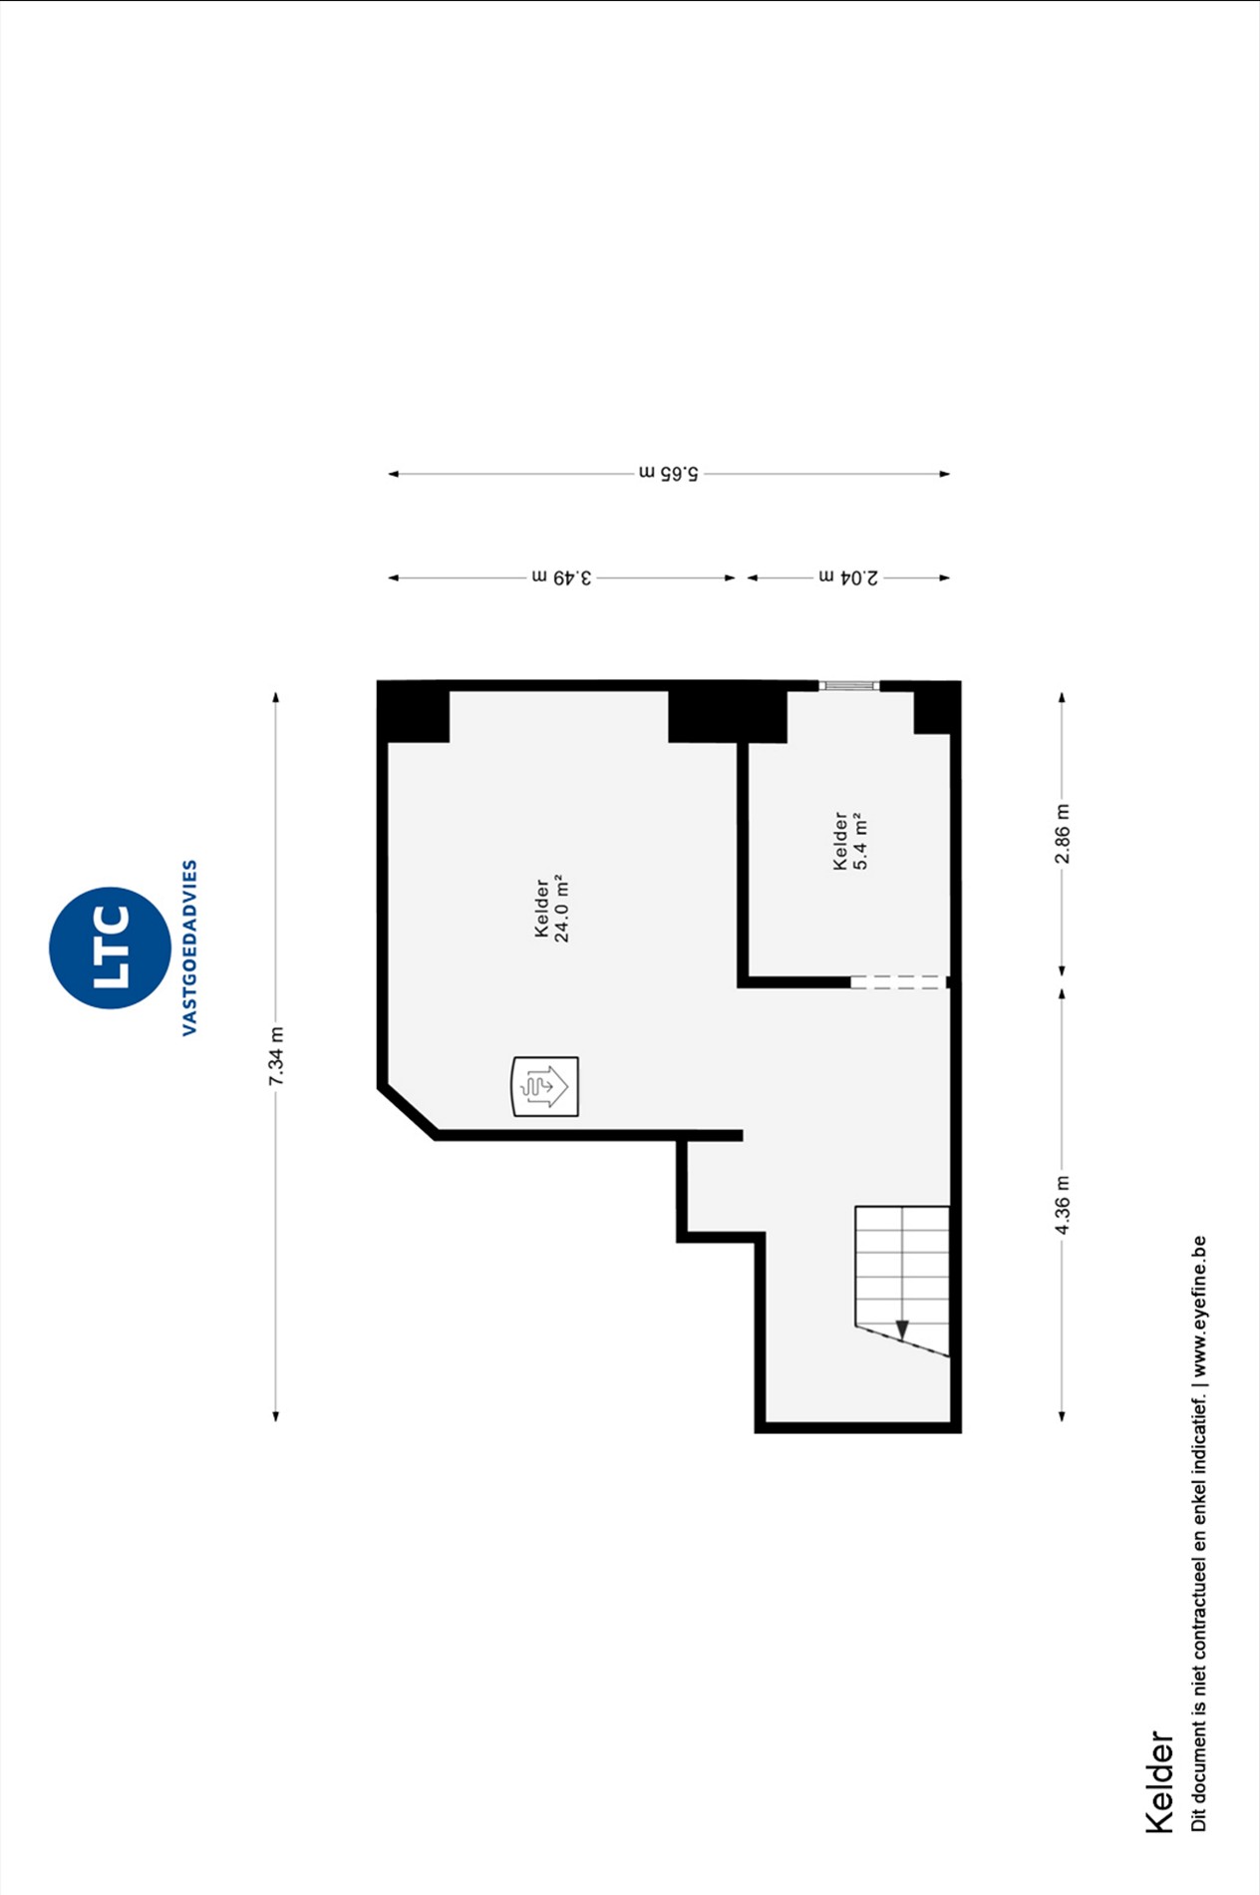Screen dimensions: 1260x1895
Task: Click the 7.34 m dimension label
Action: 276,1056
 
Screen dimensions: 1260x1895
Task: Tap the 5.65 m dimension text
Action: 669,473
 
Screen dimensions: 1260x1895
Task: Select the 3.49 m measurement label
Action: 561,577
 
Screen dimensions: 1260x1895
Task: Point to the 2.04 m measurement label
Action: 848,577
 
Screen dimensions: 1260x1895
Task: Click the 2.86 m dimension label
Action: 1063,834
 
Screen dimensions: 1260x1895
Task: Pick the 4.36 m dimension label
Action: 1063,1205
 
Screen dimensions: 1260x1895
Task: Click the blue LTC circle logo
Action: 110,947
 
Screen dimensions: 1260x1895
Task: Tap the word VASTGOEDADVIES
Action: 189,947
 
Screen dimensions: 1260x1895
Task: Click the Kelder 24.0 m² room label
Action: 551,909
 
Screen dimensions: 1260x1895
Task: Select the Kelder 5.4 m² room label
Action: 850,841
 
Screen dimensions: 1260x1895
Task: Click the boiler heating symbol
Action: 545,1086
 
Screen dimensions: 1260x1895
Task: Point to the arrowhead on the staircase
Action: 902,1329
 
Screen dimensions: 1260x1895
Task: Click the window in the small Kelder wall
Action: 849,685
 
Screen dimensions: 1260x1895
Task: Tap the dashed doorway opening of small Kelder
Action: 898,982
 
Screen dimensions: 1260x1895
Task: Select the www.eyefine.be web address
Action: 1198,1307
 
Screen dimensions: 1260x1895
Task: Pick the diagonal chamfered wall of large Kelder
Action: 408,1111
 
